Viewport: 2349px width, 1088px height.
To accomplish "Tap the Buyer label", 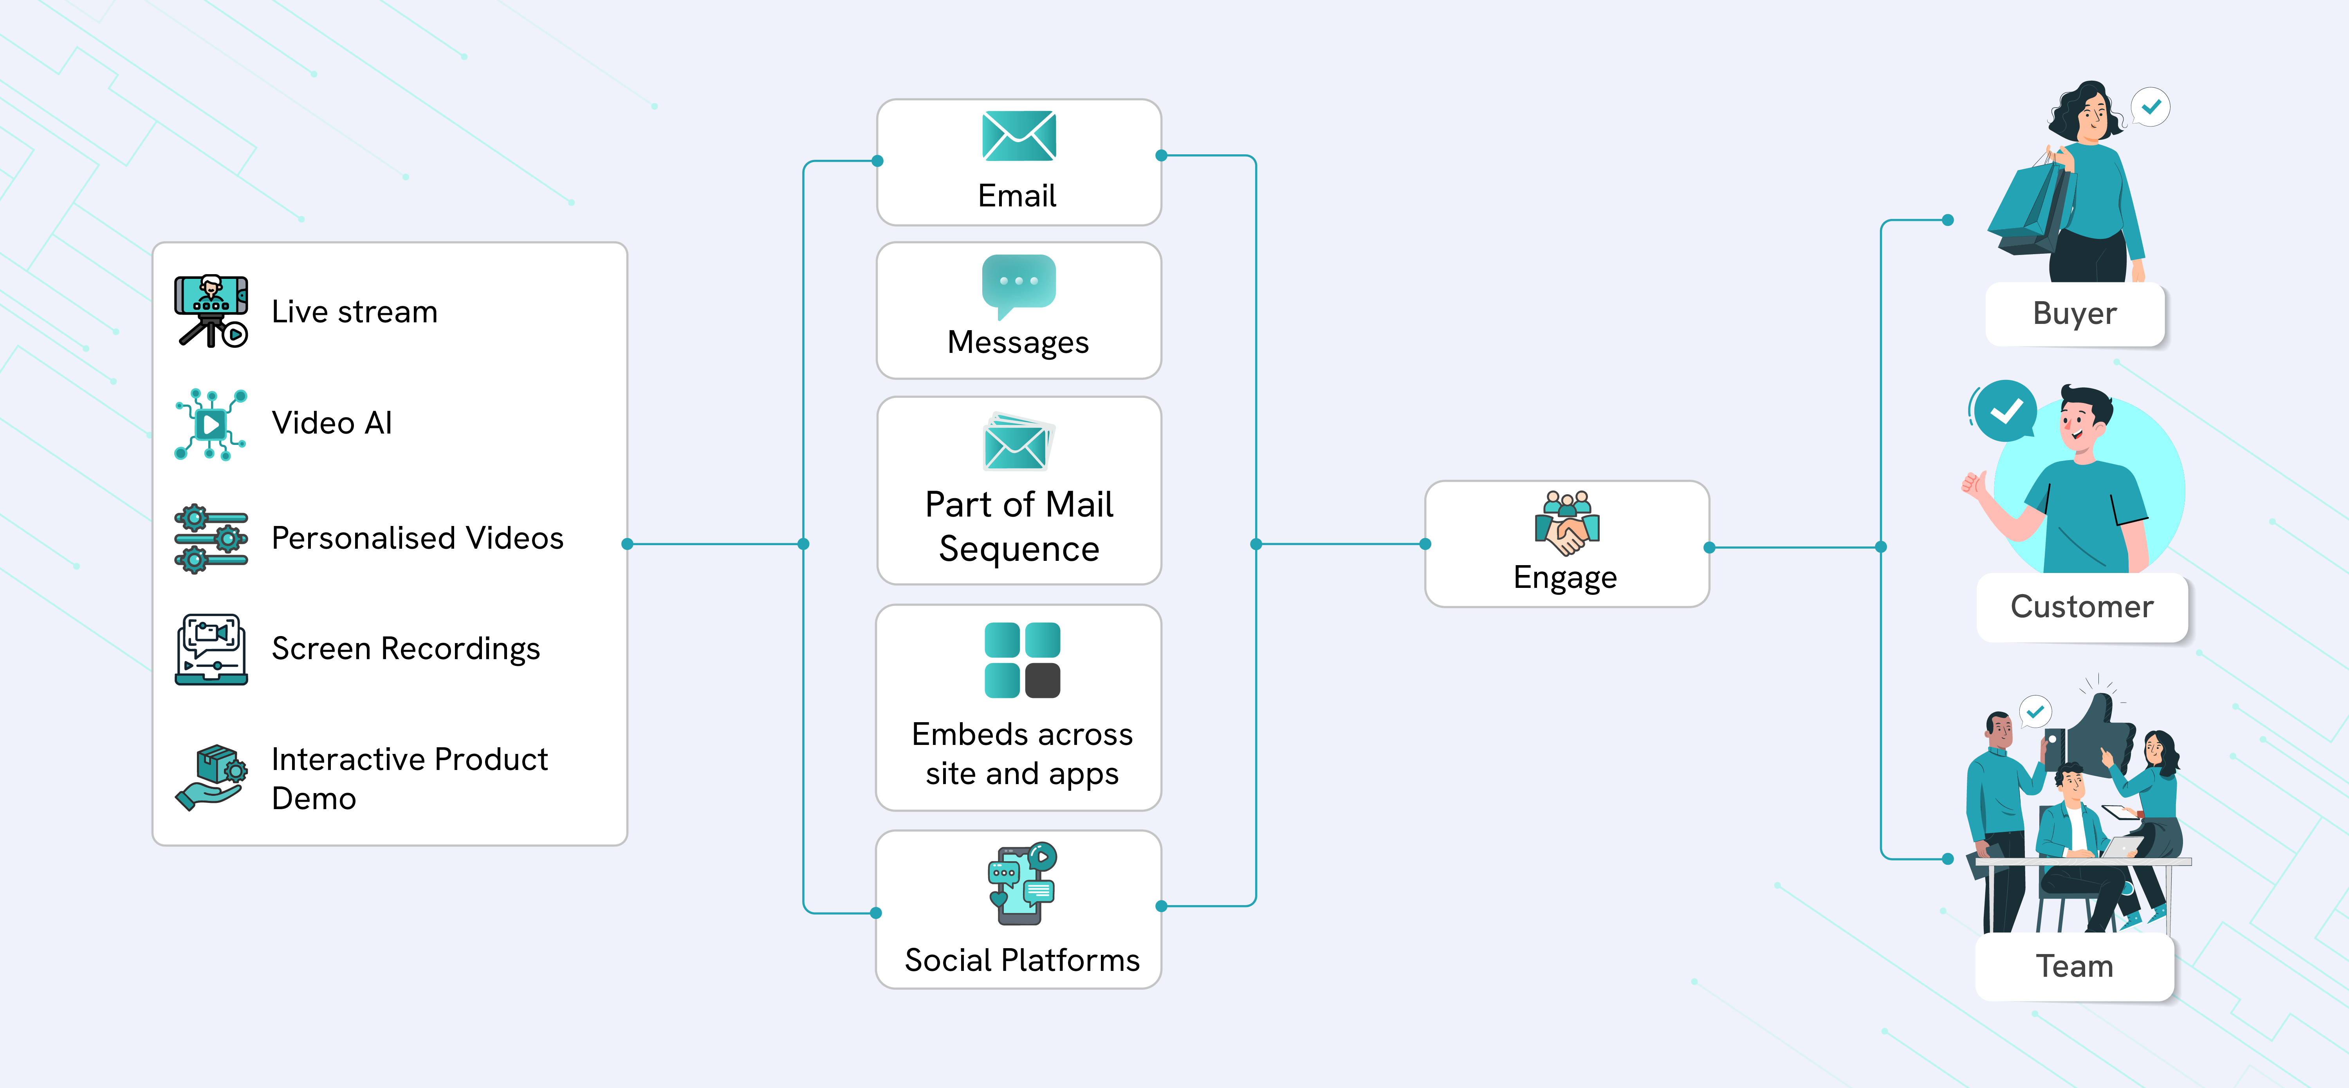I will (2075, 314).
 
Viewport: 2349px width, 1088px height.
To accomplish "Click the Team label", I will (2075, 966).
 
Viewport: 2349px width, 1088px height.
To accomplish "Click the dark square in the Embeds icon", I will (1042, 680).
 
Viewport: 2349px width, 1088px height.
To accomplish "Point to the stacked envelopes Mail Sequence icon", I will (1019, 442).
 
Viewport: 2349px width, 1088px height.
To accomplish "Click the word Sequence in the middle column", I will (1019, 549).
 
